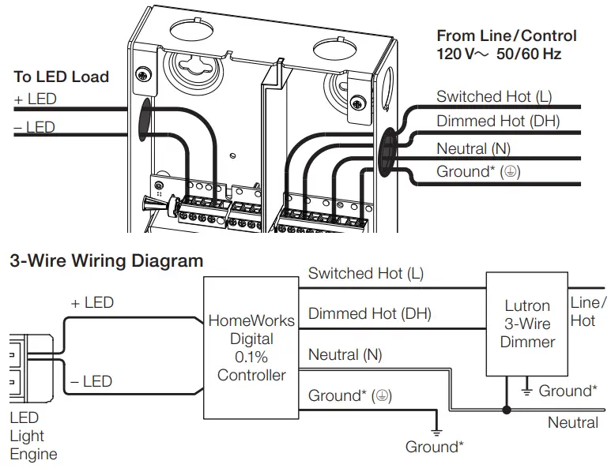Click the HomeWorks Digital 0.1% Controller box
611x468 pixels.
[251, 347]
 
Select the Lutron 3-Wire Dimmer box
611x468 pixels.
[527, 324]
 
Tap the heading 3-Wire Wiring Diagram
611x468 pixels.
[106, 260]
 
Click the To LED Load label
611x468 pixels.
[61, 77]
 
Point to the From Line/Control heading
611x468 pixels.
[507, 36]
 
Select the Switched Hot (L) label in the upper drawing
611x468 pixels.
[494, 97]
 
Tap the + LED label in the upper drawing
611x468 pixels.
[35, 99]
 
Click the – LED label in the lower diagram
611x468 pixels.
[91, 381]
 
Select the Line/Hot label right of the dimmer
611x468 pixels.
[588, 312]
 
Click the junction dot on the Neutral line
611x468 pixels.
[507, 410]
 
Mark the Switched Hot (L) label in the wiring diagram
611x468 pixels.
[365, 274]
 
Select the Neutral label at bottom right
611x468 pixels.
[573, 423]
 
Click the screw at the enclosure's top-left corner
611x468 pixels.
[142, 75]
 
